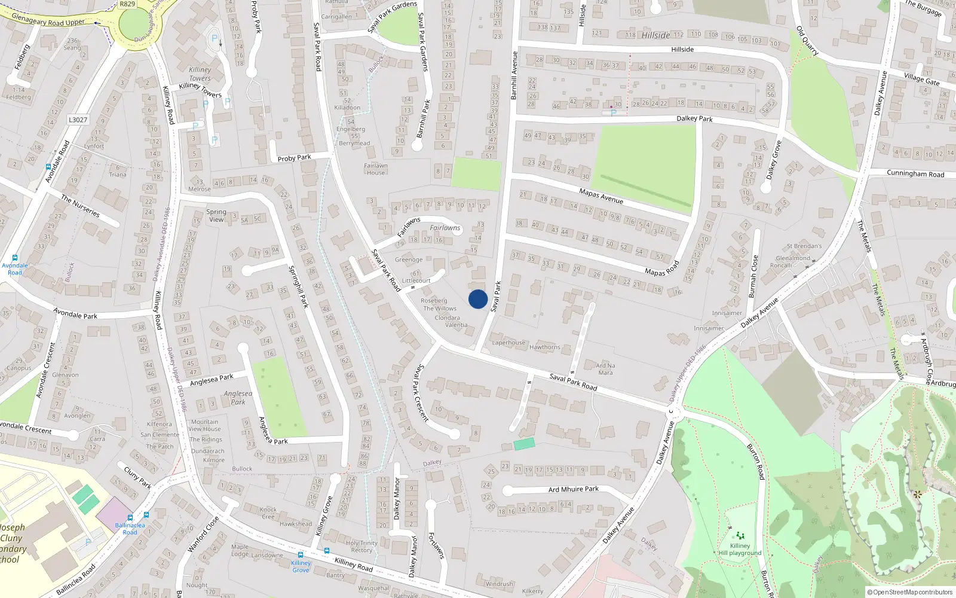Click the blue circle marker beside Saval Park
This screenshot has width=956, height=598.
[x=478, y=299]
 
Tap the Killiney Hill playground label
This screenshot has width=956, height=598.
[x=740, y=549]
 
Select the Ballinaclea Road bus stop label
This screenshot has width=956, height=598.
[x=130, y=529]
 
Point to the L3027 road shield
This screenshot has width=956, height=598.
[x=78, y=120]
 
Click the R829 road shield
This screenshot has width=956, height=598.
[x=127, y=4]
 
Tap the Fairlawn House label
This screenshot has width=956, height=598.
[x=376, y=169]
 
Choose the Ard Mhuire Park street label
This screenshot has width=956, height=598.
[x=574, y=489]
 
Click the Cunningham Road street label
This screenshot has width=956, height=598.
[x=915, y=174]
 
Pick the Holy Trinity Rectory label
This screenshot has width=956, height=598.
[x=361, y=547]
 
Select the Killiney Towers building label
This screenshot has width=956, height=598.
[x=200, y=74]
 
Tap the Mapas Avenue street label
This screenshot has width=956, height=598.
[x=601, y=196]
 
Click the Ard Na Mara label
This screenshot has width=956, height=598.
[x=605, y=369]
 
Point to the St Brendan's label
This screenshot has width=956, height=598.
[x=804, y=246]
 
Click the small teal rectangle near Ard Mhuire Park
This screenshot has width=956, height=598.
[x=524, y=444]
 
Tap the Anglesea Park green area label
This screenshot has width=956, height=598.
[x=238, y=398]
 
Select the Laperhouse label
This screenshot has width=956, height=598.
[x=508, y=343]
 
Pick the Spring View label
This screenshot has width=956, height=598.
[x=216, y=215]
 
